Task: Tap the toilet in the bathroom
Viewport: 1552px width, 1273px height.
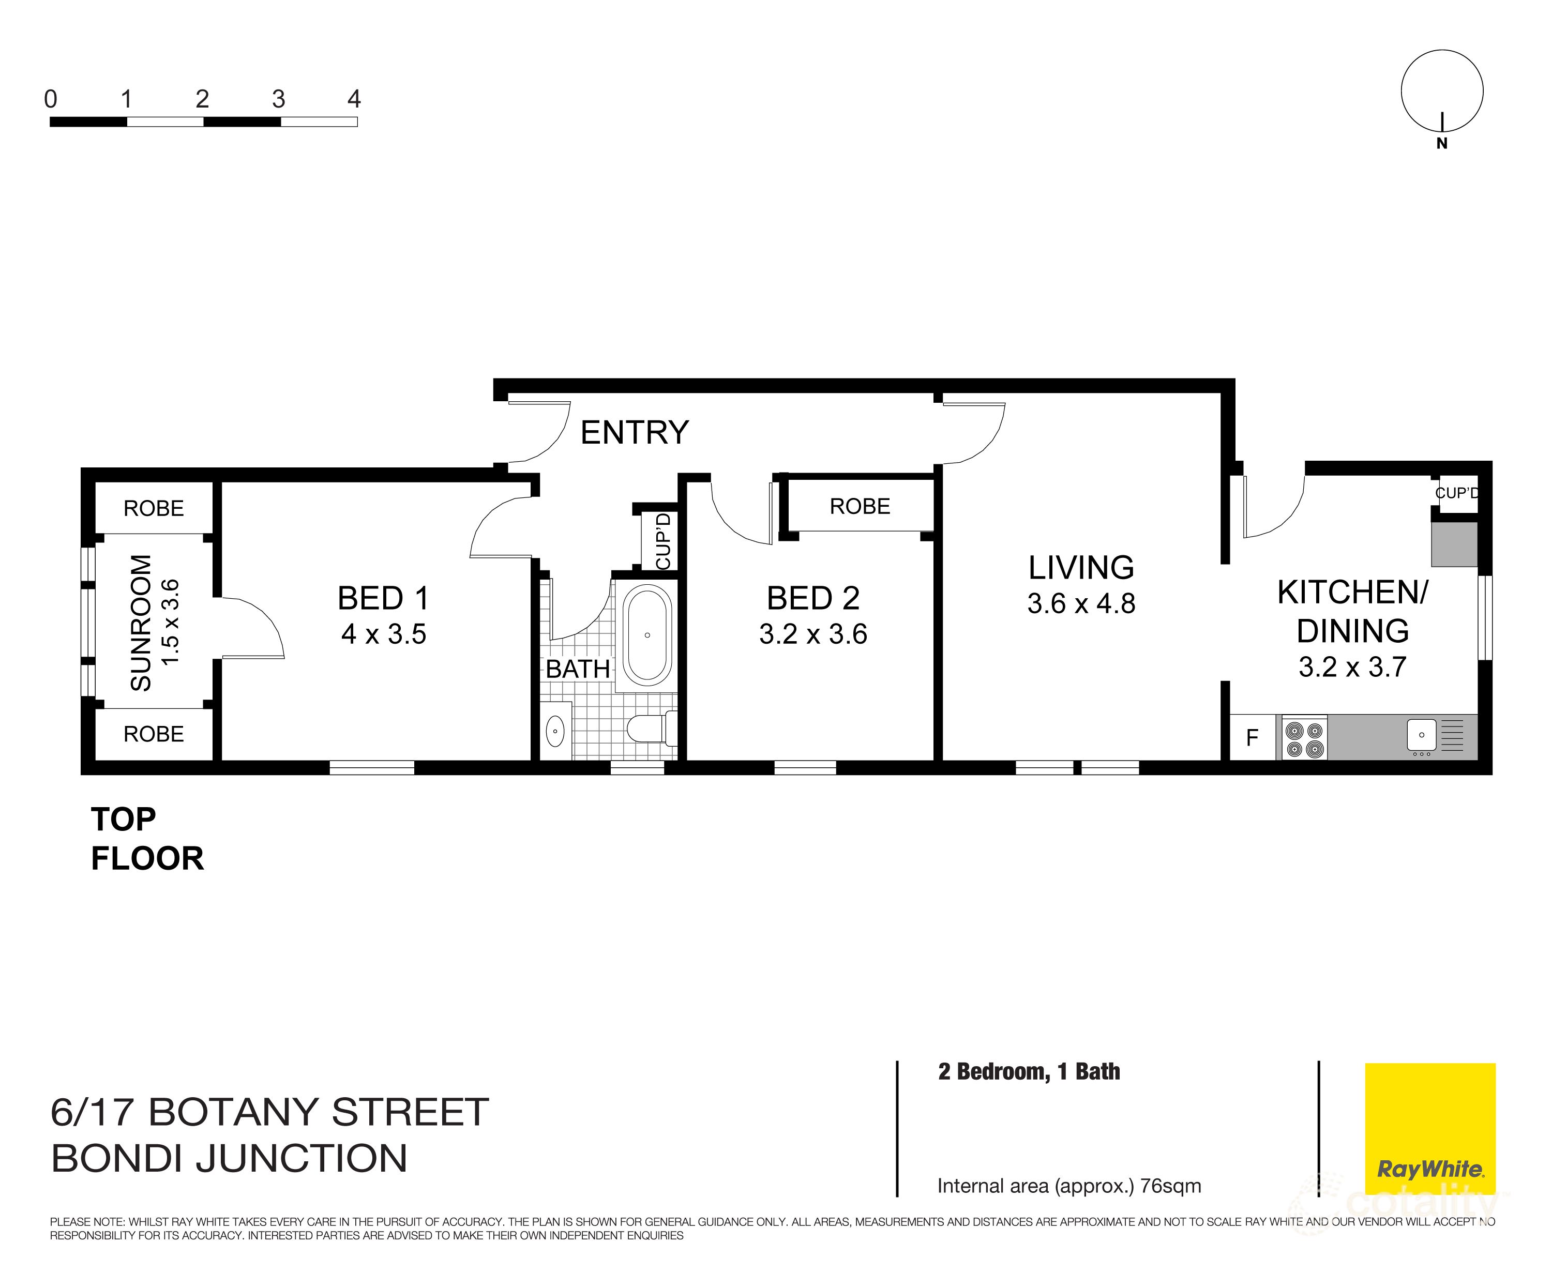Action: coord(649,728)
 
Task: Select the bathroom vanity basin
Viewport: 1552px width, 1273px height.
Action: coord(556,731)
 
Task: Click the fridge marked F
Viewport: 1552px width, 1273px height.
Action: coord(1252,737)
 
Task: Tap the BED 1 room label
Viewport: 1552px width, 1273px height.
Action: coord(383,598)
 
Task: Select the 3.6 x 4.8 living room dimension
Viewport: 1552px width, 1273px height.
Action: coord(1081,603)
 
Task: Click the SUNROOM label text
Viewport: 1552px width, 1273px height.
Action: coord(141,623)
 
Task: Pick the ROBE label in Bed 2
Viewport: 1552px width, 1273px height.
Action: coord(860,506)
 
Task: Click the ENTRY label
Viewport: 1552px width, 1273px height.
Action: coord(635,433)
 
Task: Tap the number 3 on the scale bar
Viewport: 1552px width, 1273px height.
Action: coord(278,99)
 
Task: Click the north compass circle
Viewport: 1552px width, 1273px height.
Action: coord(1441,92)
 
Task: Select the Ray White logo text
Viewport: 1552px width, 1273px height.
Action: coord(1429,1169)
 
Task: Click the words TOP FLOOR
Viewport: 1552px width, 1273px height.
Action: coord(147,839)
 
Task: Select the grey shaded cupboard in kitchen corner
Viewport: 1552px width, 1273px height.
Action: coord(1454,544)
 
